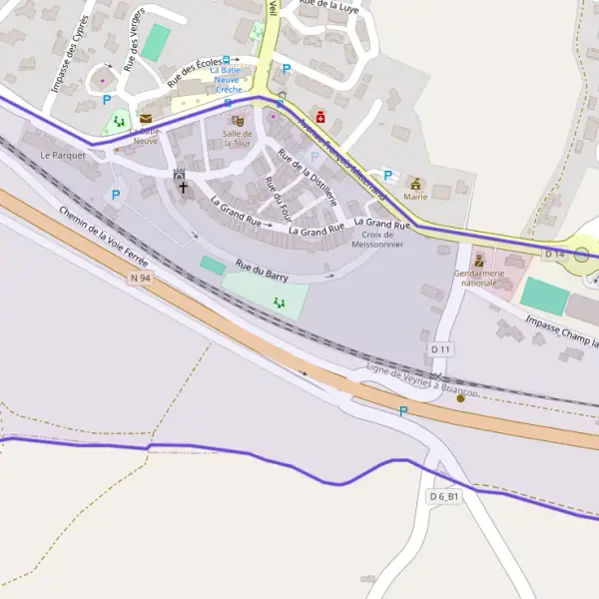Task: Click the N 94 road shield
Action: coord(140,279)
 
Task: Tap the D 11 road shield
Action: coord(440,348)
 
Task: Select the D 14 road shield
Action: coord(554,255)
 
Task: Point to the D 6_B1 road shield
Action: coord(444,496)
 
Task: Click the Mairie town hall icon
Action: coord(415,184)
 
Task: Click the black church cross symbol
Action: coord(183,187)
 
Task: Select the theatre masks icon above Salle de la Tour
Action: coord(238,121)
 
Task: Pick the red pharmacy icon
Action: coord(319,117)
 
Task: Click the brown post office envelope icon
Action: coord(146,119)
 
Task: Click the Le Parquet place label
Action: coord(62,156)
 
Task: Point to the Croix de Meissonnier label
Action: coord(376,240)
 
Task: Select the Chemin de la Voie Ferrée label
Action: coord(104,238)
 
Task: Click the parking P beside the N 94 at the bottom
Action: coord(403,411)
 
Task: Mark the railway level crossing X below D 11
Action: coord(436,375)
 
